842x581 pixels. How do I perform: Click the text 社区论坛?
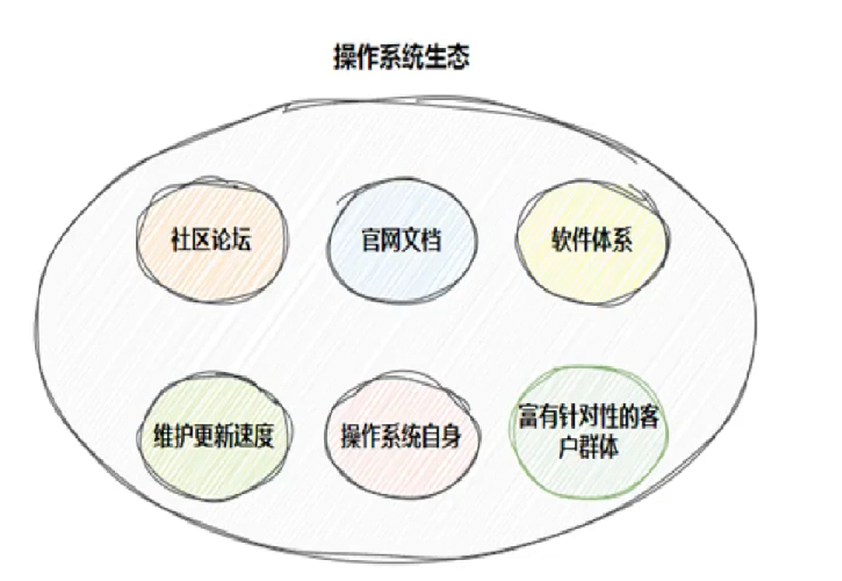coord(209,240)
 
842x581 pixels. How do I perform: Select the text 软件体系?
coord(592,240)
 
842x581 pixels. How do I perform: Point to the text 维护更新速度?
coord(209,436)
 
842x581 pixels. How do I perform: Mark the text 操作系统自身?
coord(402,436)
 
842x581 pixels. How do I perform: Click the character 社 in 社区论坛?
coord(179,240)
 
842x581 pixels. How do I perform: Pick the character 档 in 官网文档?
coord(431,240)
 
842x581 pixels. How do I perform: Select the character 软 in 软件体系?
coord(562,240)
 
